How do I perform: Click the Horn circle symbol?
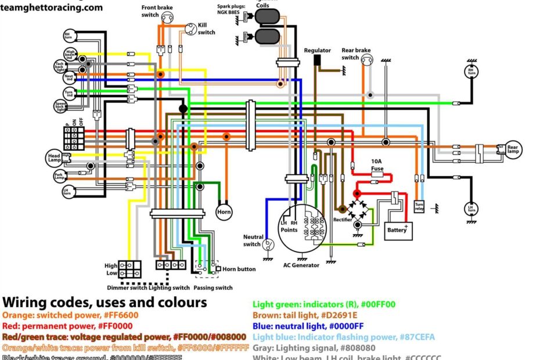224,212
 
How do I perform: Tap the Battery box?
398,230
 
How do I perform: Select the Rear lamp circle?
513,149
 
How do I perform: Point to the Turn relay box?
419,206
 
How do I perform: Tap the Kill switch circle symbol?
190,28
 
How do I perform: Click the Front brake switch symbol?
167,18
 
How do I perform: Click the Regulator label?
317,51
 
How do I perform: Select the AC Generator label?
301,265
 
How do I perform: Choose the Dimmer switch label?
127,287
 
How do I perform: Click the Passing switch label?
213,287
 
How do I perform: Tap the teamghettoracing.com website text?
52,8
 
